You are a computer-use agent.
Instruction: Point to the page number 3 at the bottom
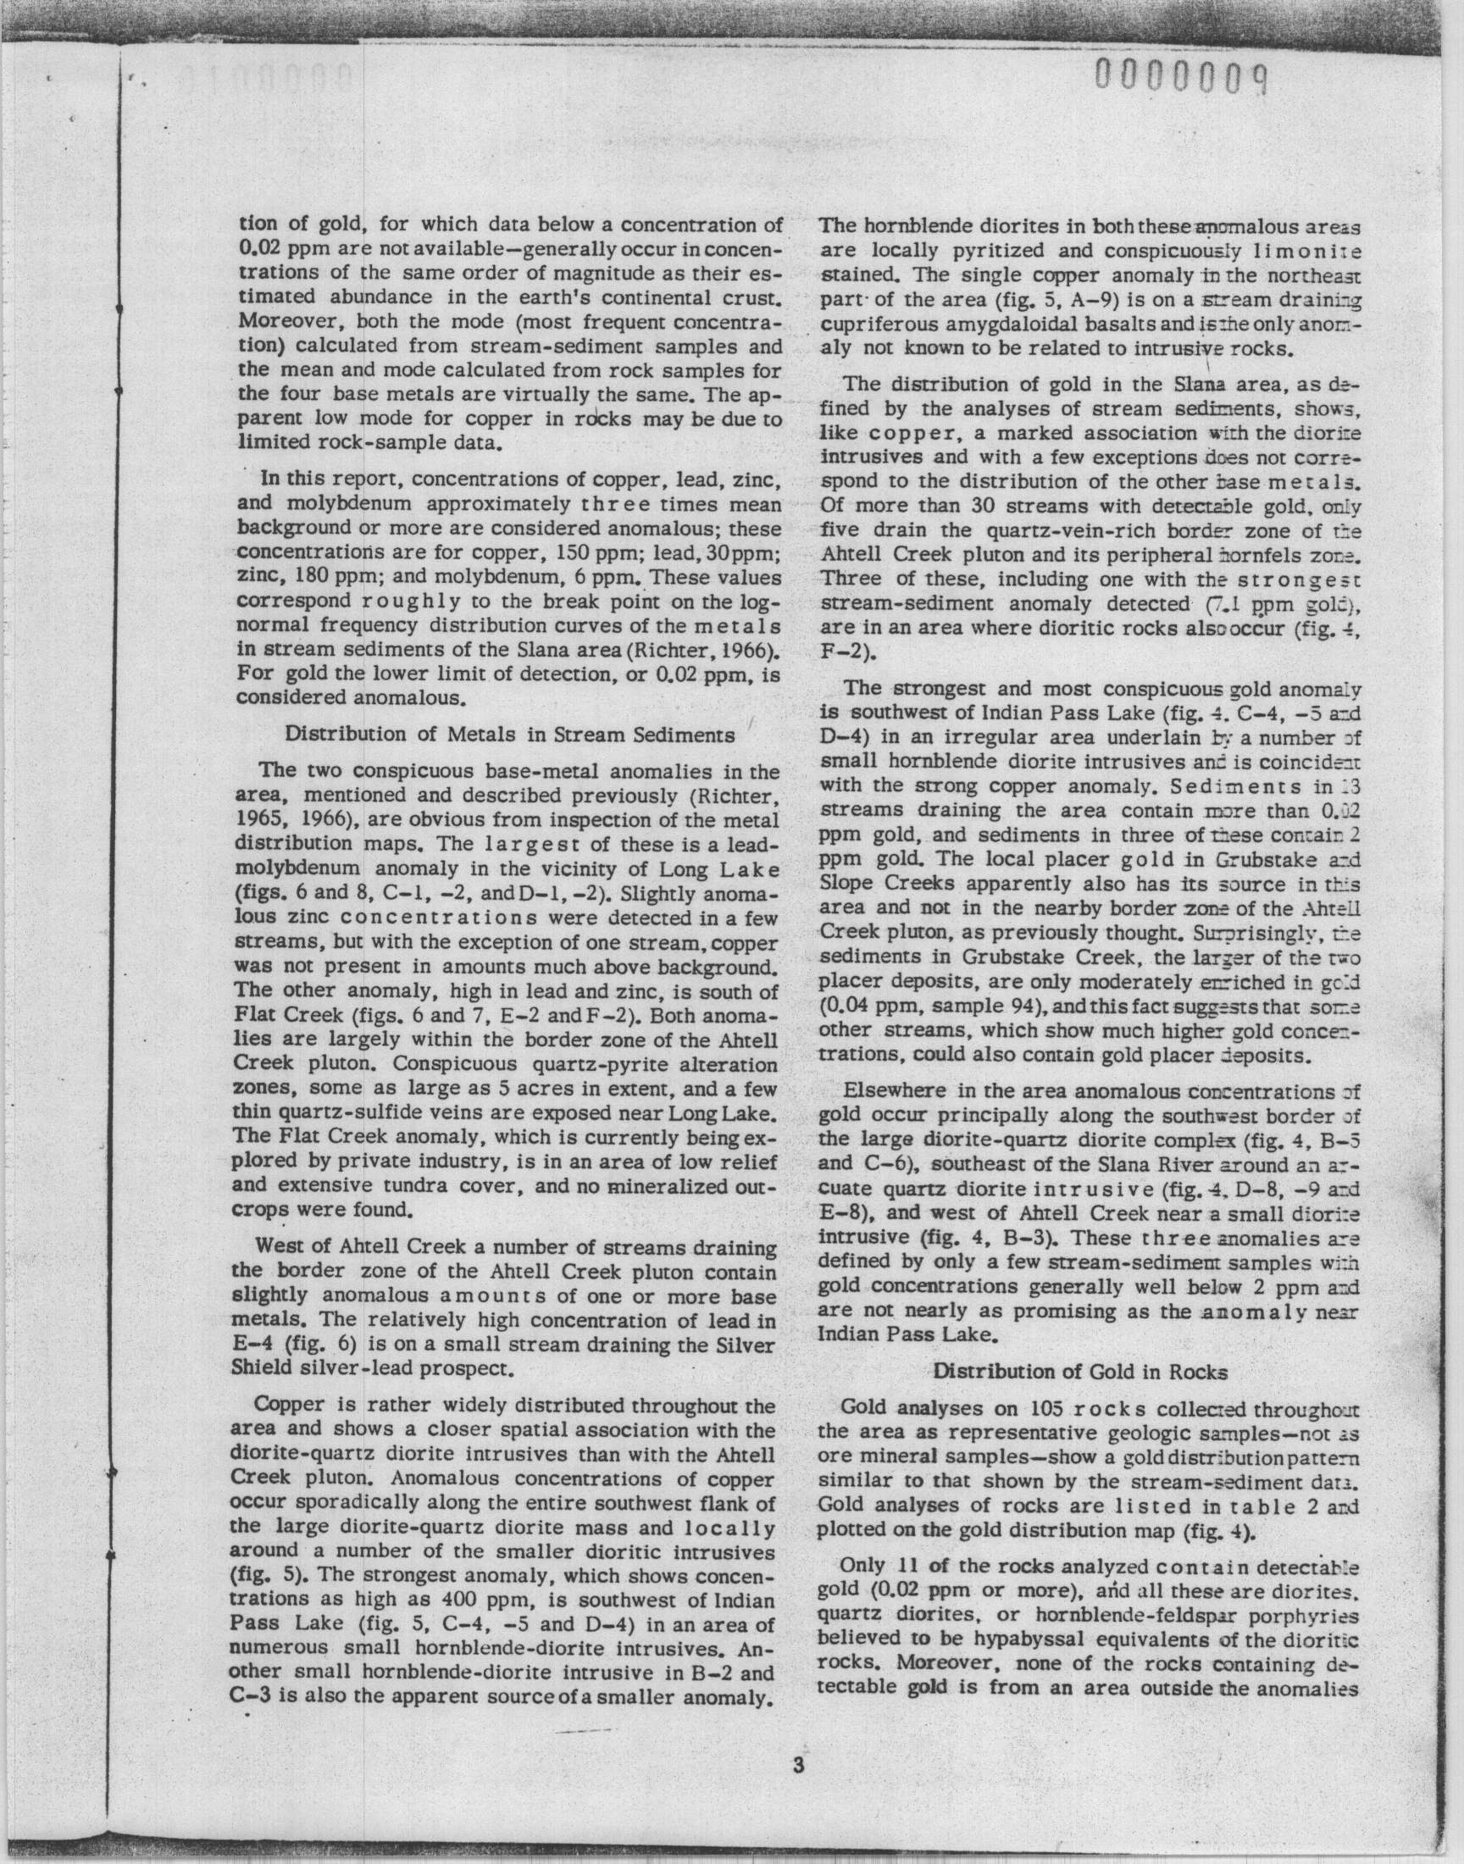(798, 1765)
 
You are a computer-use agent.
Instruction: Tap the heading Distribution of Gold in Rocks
(1080, 1370)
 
